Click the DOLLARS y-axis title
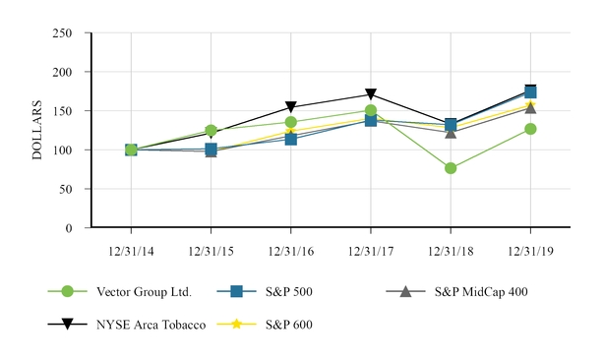[37, 131]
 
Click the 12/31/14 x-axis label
[131, 249]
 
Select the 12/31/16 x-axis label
[291, 249]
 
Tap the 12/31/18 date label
[451, 249]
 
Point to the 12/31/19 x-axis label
[530, 249]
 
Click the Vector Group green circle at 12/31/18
[451, 168]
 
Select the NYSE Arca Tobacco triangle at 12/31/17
[371, 95]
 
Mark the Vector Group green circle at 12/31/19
[530, 129]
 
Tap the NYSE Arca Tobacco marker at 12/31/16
[291, 107]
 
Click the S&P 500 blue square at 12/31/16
[291, 139]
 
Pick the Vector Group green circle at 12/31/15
[211, 130]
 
